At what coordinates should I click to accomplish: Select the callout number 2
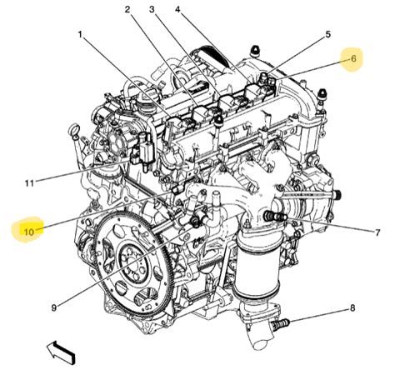click(127, 10)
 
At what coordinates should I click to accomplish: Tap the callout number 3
click(152, 10)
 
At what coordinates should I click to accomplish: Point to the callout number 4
click(178, 10)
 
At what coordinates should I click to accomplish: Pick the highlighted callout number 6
click(352, 59)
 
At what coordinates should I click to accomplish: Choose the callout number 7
click(377, 232)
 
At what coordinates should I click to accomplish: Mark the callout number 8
click(352, 307)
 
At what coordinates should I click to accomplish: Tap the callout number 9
click(53, 307)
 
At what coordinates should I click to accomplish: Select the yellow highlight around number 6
click(352, 59)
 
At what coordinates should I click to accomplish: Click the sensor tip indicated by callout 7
click(270, 217)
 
